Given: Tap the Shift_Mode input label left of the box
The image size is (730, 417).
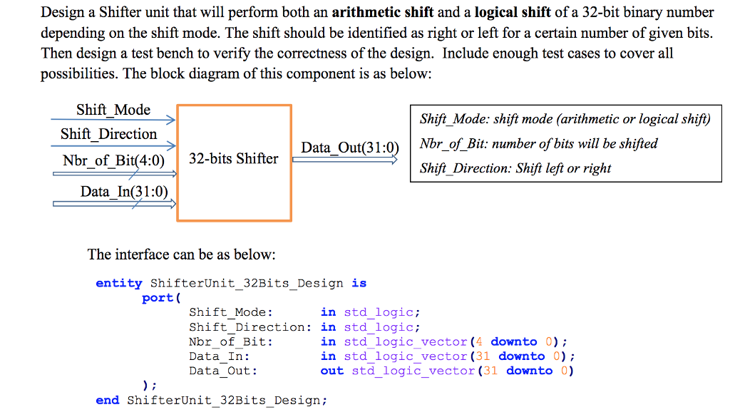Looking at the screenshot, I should click(x=113, y=110).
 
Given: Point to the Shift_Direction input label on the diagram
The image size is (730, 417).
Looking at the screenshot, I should click(x=108, y=134).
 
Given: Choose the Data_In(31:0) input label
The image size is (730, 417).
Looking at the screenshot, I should click(x=124, y=191).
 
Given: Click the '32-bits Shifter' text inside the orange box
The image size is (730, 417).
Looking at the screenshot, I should click(x=234, y=159).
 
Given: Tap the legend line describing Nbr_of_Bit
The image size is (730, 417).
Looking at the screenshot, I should click(x=538, y=144).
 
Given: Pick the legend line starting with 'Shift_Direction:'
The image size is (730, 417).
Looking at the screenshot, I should click(x=515, y=168).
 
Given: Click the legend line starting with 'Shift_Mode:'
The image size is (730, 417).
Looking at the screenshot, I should click(x=565, y=120).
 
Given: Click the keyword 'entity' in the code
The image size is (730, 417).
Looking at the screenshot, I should click(x=119, y=283).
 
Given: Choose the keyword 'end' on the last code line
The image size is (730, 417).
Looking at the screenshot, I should click(x=107, y=401).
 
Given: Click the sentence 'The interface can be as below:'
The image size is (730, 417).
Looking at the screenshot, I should click(x=181, y=254).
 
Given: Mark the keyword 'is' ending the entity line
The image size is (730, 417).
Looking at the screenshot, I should click(x=359, y=283).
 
